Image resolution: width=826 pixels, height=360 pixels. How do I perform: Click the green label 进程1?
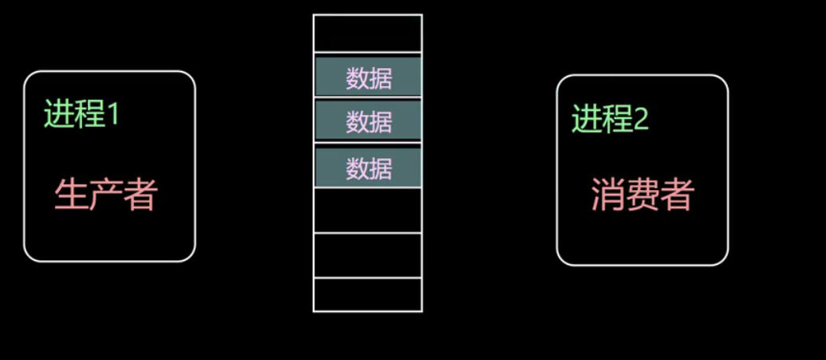click(81, 115)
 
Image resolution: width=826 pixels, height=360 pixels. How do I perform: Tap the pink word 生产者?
click(105, 194)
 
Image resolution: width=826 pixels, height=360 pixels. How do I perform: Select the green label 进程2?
click(610, 120)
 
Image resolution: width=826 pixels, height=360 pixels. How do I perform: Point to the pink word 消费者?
click(642, 195)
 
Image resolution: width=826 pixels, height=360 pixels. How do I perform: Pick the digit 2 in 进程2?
click(641, 120)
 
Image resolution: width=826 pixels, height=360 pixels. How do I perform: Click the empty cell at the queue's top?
click(367, 33)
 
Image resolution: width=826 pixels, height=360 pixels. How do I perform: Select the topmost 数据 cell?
click(368, 77)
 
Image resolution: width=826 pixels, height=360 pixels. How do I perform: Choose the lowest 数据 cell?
click(368, 168)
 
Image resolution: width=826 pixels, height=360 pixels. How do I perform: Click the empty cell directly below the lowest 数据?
click(367, 211)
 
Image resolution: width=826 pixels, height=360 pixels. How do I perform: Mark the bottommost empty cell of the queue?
click(367, 295)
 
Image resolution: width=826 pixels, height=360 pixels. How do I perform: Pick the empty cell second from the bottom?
click(367, 255)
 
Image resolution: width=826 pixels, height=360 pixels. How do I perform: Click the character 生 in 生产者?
click(70, 194)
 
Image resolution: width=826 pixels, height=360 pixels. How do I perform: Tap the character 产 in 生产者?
click(105, 194)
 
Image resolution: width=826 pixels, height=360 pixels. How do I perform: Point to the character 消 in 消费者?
click(607, 195)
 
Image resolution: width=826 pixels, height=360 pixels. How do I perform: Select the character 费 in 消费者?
click(642, 195)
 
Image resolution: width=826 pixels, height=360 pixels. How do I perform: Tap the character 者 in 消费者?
click(678, 195)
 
